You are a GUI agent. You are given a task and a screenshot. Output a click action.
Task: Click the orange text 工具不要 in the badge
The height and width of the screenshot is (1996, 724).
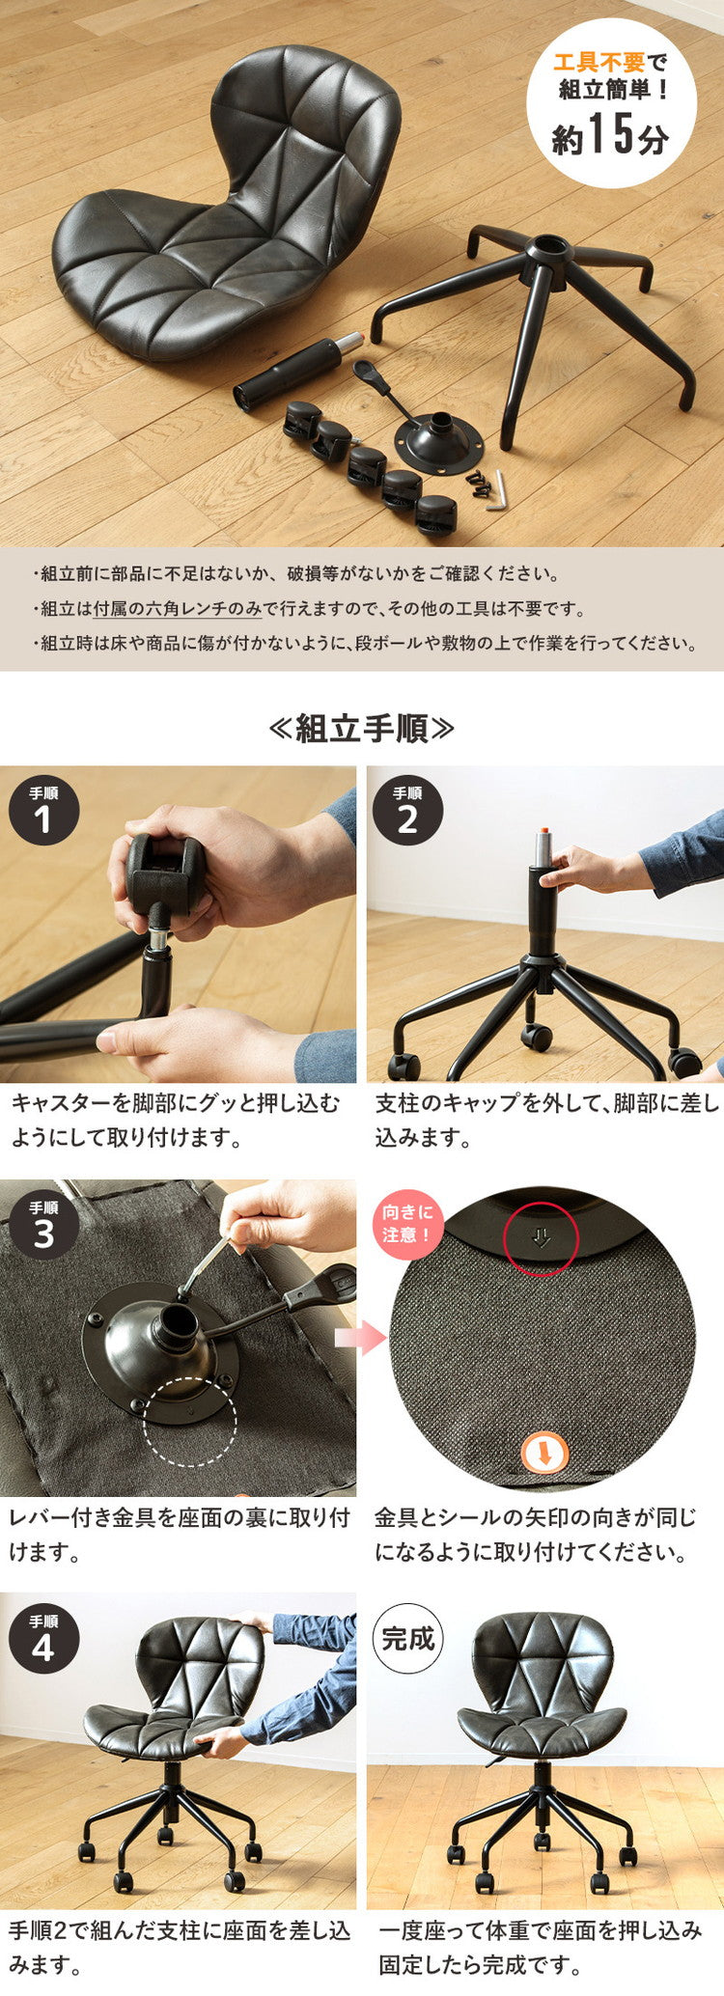click(599, 64)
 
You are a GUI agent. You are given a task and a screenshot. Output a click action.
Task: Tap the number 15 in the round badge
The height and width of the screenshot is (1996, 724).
click(611, 133)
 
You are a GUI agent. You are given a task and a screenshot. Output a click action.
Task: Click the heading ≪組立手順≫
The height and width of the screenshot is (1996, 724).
click(361, 729)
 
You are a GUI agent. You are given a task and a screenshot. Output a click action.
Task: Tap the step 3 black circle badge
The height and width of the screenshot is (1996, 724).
click(43, 1225)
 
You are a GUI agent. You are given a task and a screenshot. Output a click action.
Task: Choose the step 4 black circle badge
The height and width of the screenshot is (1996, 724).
click(43, 1639)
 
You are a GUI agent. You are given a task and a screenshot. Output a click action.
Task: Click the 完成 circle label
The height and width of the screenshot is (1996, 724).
click(407, 1639)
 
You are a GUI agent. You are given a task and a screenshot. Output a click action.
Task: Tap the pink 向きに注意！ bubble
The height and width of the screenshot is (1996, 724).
click(407, 1224)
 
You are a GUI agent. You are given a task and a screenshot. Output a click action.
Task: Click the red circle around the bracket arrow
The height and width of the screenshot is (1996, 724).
click(541, 1238)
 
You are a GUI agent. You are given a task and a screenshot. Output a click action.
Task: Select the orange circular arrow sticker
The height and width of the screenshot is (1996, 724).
click(544, 1452)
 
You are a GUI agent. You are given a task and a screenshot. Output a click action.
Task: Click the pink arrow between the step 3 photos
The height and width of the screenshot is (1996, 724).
click(360, 1338)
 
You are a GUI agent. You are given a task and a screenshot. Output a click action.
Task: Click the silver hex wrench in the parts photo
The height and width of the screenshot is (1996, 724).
click(496, 490)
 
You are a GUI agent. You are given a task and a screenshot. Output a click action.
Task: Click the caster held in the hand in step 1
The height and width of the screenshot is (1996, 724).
click(166, 873)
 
